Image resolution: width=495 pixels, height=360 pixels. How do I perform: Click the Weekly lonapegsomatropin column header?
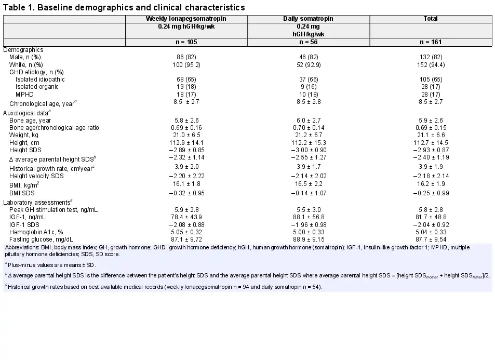coord(186,19)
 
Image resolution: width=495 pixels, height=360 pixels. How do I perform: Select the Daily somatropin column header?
coord(308,19)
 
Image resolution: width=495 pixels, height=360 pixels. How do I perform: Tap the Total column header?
coord(431,19)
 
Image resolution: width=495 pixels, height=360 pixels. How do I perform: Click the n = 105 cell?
coord(186,42)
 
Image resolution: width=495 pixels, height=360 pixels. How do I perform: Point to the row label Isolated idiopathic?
coord(40,79)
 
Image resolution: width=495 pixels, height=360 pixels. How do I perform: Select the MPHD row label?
coord(24,95)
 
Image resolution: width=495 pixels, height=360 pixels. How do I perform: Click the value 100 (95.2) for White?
coord(186,65)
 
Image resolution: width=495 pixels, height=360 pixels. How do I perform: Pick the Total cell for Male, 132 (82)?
coord(431,57)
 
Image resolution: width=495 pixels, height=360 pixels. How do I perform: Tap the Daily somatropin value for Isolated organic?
coord(309,87)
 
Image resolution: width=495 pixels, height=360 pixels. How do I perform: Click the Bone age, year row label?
coord(30,121)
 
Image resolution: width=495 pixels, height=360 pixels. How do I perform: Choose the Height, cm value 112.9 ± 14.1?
coord(186,143)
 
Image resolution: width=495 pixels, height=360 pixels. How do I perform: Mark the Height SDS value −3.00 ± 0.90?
coord(309,150)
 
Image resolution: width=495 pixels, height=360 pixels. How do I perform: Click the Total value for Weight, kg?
coord(431,135)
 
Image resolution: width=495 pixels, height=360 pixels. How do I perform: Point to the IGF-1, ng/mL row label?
coord(28,217)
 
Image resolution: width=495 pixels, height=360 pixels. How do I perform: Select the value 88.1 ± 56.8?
coord(309,217)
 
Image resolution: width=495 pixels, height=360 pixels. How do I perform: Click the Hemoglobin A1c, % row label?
coord(36,232)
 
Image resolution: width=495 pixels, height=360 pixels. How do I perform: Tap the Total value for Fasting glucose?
coord(431,239)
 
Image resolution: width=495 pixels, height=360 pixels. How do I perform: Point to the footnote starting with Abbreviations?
coord(237,251)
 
